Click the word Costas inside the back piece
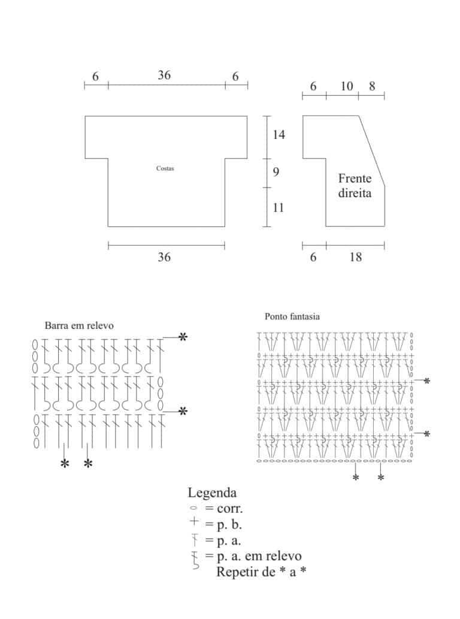coord(165,168)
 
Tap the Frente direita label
coord(355,186)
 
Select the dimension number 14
coord(279,135)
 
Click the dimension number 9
coord(276,171)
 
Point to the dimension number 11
coord(278,208)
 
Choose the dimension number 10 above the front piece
coord(346,86)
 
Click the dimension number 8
coord(372,86)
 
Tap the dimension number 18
coord(355,257)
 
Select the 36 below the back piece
coord(164,257)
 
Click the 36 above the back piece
coord(164,75)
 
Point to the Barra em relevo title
coord(79,326)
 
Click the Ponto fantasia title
coord(292,316)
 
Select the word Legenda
coord(212,493)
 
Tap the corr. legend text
coord(229,509)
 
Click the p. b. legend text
coord(229,525)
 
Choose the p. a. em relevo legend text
coord(259,556)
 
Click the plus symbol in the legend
coord(193,521)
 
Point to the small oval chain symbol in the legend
coord(193,508)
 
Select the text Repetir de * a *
coord(261,572)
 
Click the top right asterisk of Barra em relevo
coord(183,337)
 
